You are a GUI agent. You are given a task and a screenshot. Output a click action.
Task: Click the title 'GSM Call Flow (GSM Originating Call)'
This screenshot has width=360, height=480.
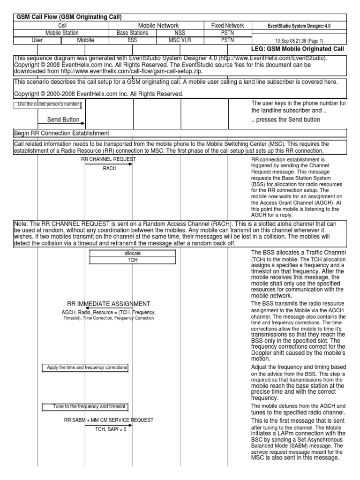click(69, 17)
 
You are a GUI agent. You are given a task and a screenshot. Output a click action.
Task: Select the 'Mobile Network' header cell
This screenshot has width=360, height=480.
click(156, 25)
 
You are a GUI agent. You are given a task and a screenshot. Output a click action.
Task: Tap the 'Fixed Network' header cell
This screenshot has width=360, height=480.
click(227, 25)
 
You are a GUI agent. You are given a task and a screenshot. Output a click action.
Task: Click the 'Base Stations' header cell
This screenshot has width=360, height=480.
click(132, 33)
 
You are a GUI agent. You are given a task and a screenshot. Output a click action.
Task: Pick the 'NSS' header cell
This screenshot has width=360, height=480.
click(180, 33)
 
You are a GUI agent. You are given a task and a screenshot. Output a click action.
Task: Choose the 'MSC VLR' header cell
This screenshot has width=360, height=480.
click(180, 40)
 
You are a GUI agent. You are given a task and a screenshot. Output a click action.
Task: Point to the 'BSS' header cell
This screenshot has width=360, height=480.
click(132, 40)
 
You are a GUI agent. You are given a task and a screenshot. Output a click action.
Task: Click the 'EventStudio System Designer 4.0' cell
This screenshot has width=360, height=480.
click(299, 26)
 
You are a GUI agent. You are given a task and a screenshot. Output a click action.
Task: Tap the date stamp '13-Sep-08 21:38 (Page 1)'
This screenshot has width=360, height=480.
click(299, 41)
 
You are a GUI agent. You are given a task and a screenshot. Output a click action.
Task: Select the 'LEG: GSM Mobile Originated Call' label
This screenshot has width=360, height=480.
click(298, 49)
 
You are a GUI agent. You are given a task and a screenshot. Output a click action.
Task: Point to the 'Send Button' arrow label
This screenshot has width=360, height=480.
click(63, 120)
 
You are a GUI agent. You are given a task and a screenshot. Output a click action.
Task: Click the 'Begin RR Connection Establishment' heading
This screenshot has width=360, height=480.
click(61, 133)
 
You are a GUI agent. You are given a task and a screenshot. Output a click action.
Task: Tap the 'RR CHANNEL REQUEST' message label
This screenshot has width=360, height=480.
click(108, 159)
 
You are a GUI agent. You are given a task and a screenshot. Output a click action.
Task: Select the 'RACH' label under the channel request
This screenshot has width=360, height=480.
click(109, 168)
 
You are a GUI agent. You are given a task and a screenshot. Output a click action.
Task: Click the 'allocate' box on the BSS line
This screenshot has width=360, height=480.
click(133, 253)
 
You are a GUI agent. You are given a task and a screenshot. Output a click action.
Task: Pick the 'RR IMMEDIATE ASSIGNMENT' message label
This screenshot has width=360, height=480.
click(109, 304)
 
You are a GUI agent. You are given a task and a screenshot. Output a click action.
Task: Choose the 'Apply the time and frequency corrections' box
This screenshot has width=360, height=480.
click(85, 367)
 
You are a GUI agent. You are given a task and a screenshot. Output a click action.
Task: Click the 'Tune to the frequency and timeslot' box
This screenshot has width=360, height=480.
click(85, 406)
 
